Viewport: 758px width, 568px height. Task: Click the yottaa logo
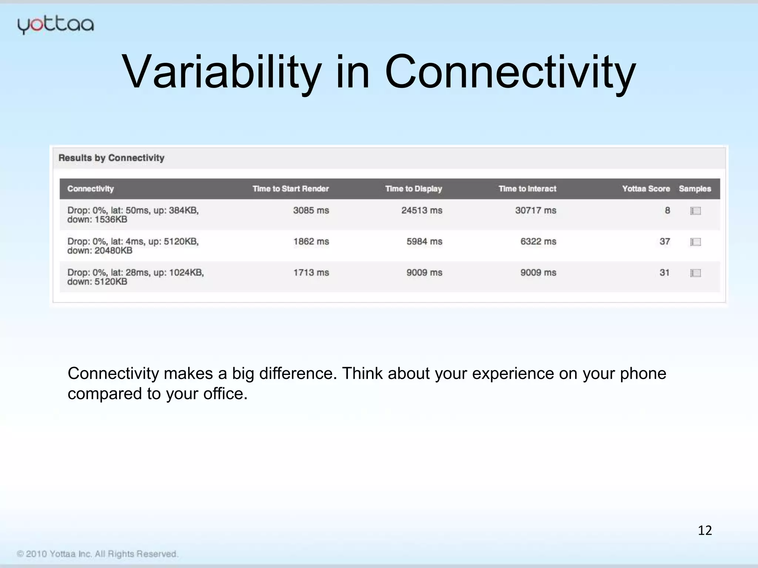tap(56, 26)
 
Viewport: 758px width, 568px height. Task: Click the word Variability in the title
tap(222, 72)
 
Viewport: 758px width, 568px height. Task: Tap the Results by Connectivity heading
tap(111, 158)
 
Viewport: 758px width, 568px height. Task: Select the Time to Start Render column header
tap(291, 189)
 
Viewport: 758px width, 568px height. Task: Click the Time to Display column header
tap(413, 189)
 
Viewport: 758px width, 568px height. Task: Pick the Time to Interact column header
tap(527, 189)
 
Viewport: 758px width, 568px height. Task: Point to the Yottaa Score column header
tap(646, 189)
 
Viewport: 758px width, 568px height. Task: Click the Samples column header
tap(695, 189)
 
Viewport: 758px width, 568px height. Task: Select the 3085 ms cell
tap(311, 210)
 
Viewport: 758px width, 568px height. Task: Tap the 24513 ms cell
tap(422, 210)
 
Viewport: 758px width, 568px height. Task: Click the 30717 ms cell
tap(536, 210)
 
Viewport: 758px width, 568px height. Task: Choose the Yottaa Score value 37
tap(665, 241)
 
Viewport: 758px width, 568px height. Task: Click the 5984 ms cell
tap(424, 241)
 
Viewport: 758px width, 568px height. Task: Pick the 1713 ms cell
tap(311, 273)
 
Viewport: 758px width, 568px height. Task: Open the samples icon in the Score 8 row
tap(695, 211)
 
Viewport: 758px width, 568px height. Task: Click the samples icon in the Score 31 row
tap(695, 273)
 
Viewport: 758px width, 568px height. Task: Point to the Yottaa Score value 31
tap(665, 273)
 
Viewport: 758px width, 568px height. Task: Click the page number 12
tap(705, 530)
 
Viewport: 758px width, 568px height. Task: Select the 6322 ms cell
tap(538, 241)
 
